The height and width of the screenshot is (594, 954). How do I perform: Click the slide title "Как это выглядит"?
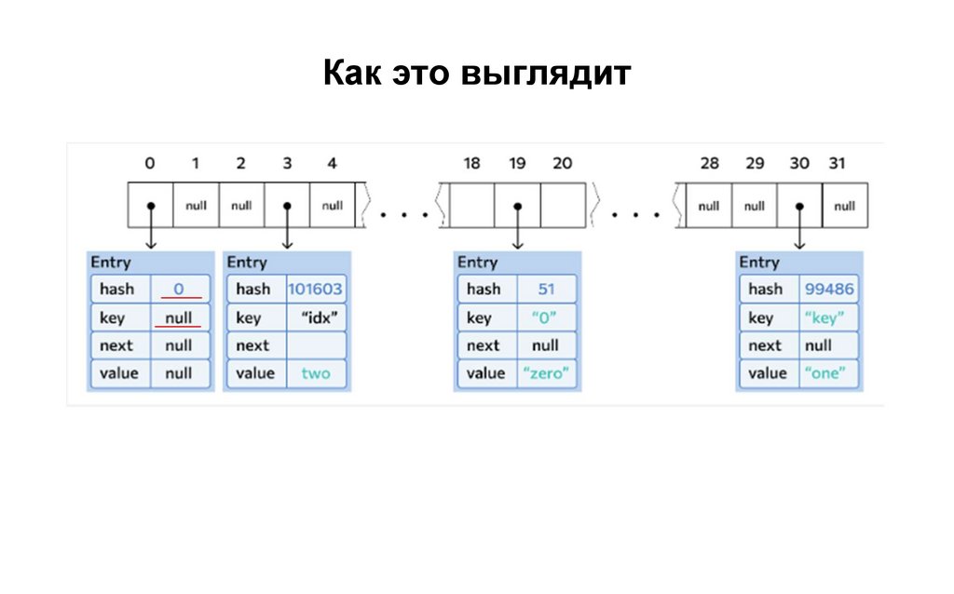pos(477,73)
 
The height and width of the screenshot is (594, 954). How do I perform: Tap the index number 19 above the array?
pos(517,164)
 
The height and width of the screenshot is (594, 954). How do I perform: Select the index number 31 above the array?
pos(838,164)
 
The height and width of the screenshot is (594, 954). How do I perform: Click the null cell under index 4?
pos(333,206)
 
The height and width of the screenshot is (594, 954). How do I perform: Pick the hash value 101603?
pos(315,290)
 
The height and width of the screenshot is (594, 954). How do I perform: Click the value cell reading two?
pos(316,373)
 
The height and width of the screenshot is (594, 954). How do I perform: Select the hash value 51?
pos(546,290)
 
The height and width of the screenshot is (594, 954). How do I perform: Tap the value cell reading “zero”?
pos(546,373)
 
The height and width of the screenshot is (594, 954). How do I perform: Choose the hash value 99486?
pos(828,290)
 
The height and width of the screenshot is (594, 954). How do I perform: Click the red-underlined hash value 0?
pos(179,290)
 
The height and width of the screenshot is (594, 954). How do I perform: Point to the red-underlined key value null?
pos(179,317)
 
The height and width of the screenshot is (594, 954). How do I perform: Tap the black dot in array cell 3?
pos(287,206)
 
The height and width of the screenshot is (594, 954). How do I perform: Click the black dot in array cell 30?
pos(799,206)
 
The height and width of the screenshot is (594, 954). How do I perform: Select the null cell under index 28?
pos(709,206)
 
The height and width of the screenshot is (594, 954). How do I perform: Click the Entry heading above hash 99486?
pos(759,263)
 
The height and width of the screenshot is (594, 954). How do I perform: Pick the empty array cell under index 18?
pos(472,206)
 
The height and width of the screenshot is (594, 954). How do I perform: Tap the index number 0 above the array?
pos(150,164)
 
